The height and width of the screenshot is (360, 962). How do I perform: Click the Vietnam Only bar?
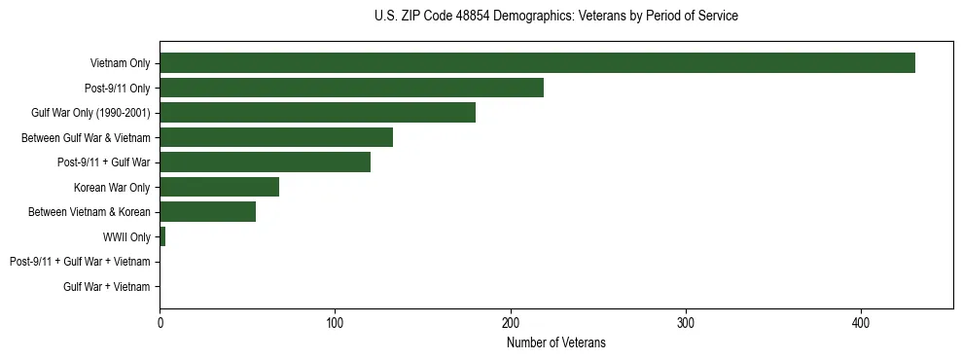pyautogui.click(x=537, y=63)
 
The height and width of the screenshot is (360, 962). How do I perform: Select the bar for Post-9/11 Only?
pyautogui.click(x=351, y=88)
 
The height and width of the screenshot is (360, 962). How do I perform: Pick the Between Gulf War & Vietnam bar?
pyautogui.click(x=276, y=137)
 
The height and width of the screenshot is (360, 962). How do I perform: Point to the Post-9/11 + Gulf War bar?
pyautogui.click(x=265, y=162)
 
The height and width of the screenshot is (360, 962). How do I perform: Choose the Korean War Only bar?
pyautogui.click(x=219, y=187)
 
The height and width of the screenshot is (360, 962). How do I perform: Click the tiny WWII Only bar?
pyautogui.click(x=162, y=236)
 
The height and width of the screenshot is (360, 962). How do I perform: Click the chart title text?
pyautogui.click(x=555, y=17)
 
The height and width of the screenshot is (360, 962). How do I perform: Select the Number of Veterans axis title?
pyautogui.click(x=555, y=342)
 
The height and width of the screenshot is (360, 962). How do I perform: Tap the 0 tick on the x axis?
pyautogui.click(x=160, y=321)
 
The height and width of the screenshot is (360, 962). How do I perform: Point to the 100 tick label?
pyautogui.click(x=335, y=321)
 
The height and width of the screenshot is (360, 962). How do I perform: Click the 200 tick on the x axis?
pyautogui.click(x=511, y=321)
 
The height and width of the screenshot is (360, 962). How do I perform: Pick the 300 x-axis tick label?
pyautogui.click(x=686, y=321)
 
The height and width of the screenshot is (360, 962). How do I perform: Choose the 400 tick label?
pyautogui.click(x=861, y=321)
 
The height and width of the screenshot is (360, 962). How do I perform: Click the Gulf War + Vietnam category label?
pyautogui.click(x=107, y=286)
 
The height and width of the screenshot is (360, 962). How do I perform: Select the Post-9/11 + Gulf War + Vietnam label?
pyautogui.click(x=80, y=262)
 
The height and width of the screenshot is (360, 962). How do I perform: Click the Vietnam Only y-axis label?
pyautogui.click(x=120, y=63)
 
